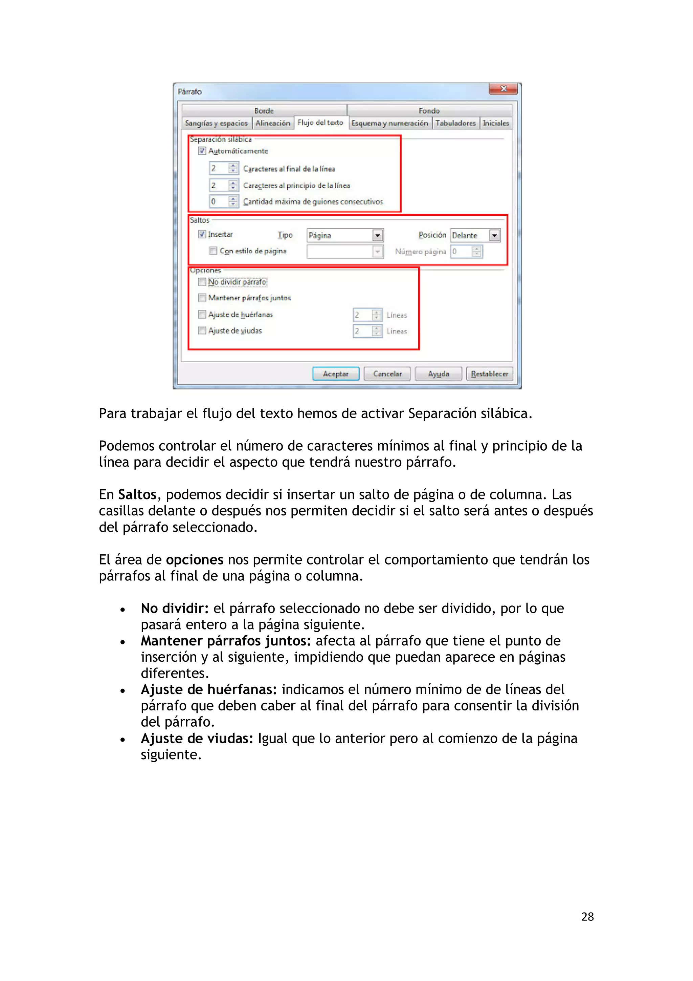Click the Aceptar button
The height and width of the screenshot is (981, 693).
coord(336,374)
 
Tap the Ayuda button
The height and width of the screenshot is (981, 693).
coord(438,374)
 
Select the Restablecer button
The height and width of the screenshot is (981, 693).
coord(489,374)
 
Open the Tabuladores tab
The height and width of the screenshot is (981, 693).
coord(455,123)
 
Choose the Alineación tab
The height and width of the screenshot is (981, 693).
coord(272,123)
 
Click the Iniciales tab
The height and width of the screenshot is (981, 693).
coord(495,123)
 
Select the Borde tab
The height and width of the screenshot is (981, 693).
coord(264,111)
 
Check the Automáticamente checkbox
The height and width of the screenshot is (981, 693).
coord(202,151)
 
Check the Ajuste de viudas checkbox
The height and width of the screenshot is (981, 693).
coord(202,330)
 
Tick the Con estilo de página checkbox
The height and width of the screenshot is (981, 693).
coord(213,251)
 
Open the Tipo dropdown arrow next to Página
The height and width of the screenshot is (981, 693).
coord(377,235)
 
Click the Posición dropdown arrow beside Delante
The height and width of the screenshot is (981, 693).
coord(494,235)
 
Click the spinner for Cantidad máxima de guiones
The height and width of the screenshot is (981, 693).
coord(233,201)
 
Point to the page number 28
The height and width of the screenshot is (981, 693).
coord(587,916)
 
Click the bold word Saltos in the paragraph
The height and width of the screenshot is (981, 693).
coord(137,494)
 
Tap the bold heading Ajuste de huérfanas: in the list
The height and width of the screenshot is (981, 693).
coord(209,689)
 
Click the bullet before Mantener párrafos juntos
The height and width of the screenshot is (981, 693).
coord(122,642)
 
